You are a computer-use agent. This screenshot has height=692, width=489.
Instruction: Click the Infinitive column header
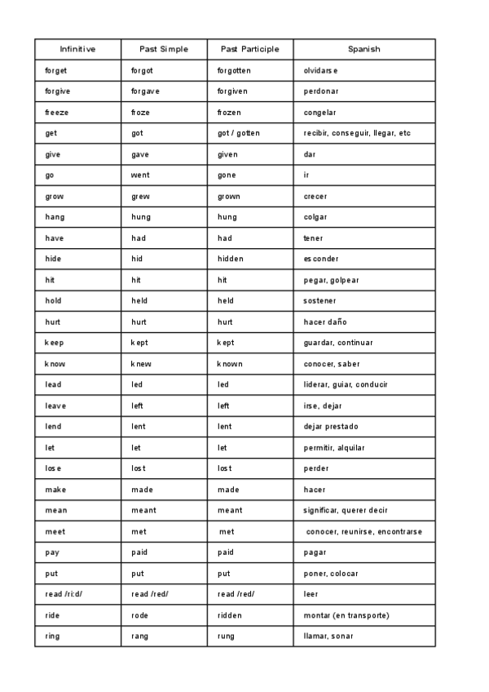point(77,49)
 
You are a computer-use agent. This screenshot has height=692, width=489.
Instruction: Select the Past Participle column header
point(249,49)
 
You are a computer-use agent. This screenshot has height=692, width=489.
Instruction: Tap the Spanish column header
point(363,49)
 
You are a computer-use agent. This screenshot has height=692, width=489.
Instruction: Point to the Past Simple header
point(164,49)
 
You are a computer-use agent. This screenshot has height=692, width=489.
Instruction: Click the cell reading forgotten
point(234,70)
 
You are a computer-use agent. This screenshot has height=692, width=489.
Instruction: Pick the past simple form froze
point(141,113)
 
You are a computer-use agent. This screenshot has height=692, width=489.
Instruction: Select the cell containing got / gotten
point(239,133)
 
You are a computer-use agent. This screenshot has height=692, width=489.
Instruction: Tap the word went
point(141,175)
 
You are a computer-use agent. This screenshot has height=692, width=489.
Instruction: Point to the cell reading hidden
point(231,259)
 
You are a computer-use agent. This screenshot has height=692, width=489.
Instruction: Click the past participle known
point(230,364)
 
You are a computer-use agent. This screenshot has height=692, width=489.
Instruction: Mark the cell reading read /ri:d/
point(64,594)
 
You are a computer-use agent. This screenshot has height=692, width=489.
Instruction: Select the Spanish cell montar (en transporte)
point(346,615)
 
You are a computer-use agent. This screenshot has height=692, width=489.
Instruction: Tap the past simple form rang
point(140,636)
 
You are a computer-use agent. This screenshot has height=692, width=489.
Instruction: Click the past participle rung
point(227,636)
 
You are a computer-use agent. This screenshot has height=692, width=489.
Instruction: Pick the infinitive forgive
point(58,91)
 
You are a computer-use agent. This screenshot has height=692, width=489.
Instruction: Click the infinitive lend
point(53,426)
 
